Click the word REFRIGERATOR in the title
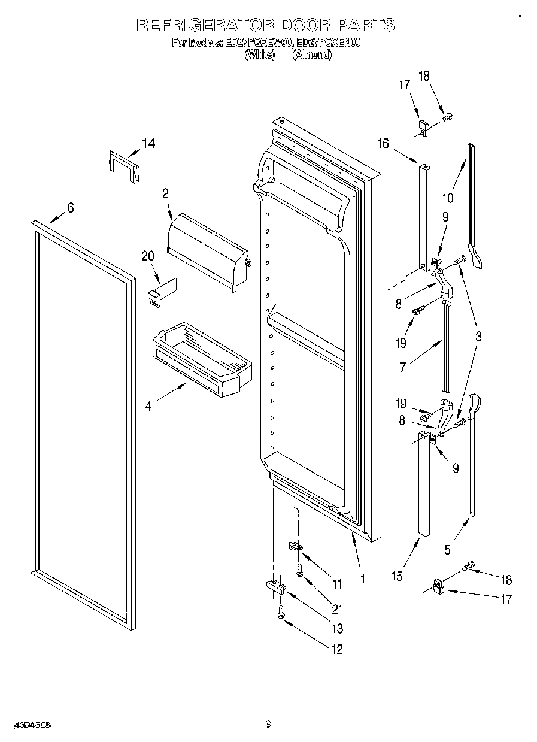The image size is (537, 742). point(203,25)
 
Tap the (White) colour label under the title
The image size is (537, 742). point(259,55)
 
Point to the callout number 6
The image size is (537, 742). point(71,208)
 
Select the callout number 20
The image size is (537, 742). point(148,256)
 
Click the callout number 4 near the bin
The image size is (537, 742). point(148,406)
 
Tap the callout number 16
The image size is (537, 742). point(383,144)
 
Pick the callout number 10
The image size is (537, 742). point(448,198)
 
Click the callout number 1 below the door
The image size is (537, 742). point(362,579)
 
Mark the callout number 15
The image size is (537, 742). point(397,576)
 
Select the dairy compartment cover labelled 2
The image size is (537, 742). point(208,251)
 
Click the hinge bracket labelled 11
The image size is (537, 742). point(295,546)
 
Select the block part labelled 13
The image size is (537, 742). point(273,586)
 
